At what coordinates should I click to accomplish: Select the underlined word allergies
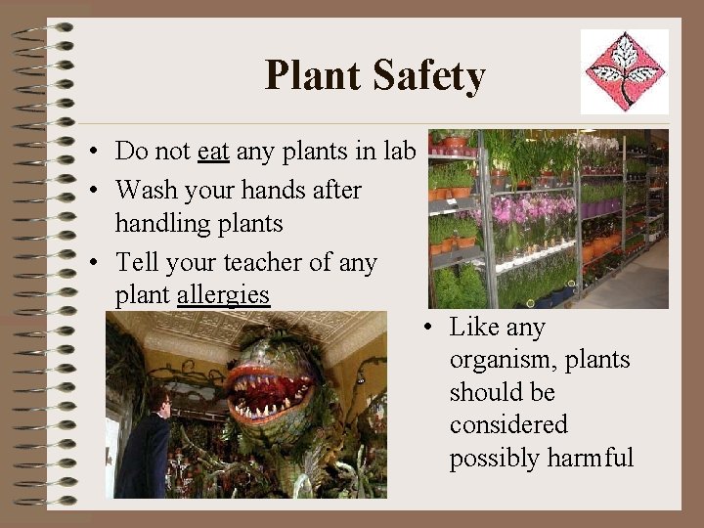tap(223, 294)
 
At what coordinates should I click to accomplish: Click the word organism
tap(497, 361)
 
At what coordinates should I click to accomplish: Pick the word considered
tap(508, 424)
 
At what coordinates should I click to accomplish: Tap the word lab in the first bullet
tap(401, 152)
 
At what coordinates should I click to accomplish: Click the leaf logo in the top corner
tap(625, 71)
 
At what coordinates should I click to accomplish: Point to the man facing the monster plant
tap(147, 445)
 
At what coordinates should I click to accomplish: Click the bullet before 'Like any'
tap(429, 328)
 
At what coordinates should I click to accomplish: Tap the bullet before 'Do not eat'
tap(90, 153)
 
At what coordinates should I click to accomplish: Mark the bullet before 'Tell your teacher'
tap(90, 263)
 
